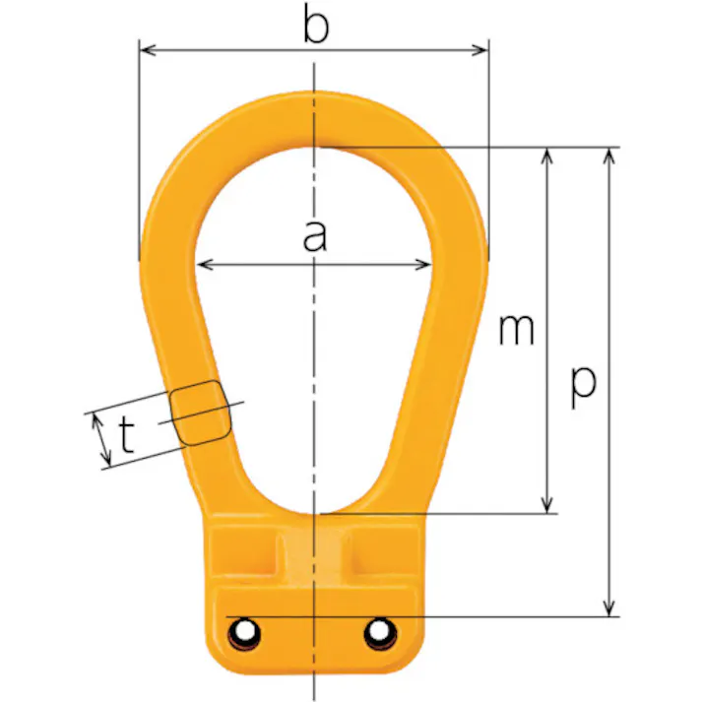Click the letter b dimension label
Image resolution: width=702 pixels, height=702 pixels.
pyautogui.click(x=316, y=25)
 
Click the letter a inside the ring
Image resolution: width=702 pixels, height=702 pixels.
pyautogui.click(x=315, y=237)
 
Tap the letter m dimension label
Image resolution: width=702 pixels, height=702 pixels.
pyautogui.click(x=516, y=330)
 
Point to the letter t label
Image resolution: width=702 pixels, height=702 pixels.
pyautogui.click(x=127, y=435)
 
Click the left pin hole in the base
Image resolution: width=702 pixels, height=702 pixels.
pyautogui.click(x=244, y=633)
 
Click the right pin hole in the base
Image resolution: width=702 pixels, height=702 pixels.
pyautogui.click(x=380, y=633)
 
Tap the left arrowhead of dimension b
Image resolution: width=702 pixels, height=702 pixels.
pyautogui.click(x=148, y=50)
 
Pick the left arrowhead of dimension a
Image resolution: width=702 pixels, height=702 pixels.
pyautogui.click(x=205, y=265)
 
